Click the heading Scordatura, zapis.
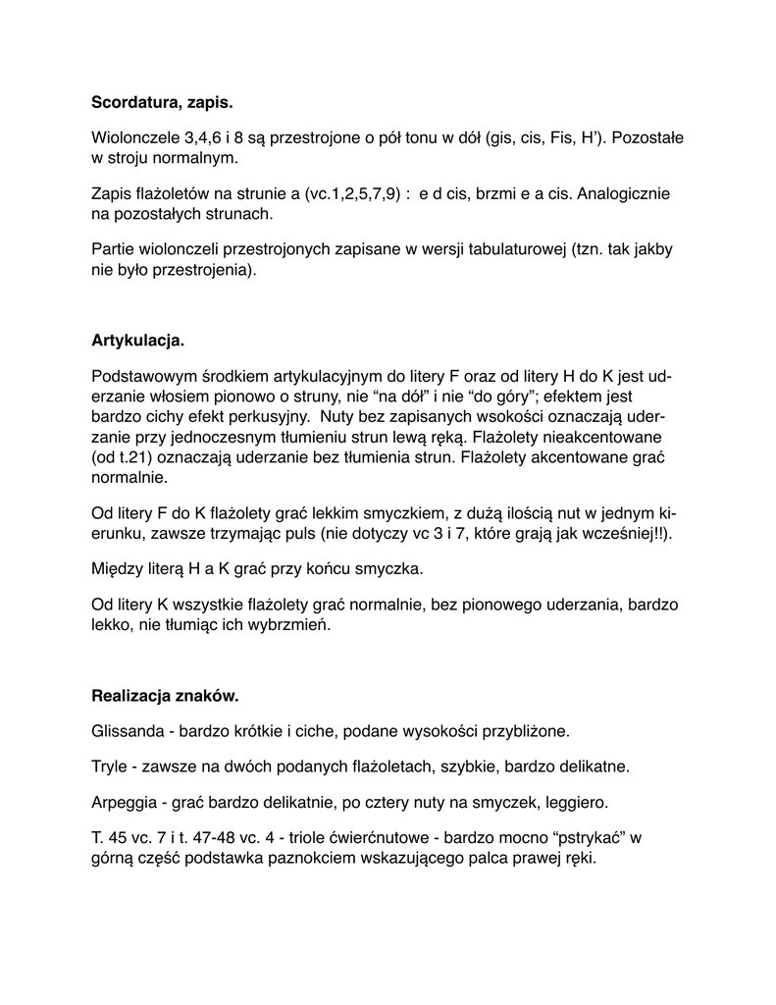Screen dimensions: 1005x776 click(162, 101)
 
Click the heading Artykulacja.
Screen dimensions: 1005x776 click(137, 342)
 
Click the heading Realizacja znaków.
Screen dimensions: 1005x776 click(165, 696)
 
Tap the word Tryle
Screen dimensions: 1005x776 click(110, 765)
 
